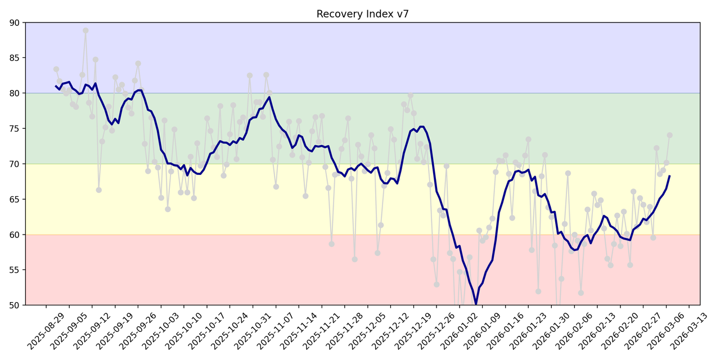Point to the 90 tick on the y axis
pyautogui.click(x=15, y=22)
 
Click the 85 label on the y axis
pyautogui.click(x=15, y=58)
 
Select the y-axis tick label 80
pyautogui.click(x=15, y=93)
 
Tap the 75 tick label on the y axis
pyautogui.click(x=15, y=129)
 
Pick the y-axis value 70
pyautogui.click(x=15, y=164)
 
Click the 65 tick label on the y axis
pyautogui.click(x=15, y=199)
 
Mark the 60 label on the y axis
pyautogui.click(x=15, y=235)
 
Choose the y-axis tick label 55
pyautogui.click(x=15, y=270)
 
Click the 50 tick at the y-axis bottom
pyautogui.click(x=15, y=305)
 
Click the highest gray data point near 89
pyautogui.click(x=85, y=31)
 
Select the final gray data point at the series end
pyautogui.click(x=669, y=135)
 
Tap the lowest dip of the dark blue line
pyautogui.click(x=476, y=304)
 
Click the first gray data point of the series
pyautogui.click(x=56, y=69)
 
